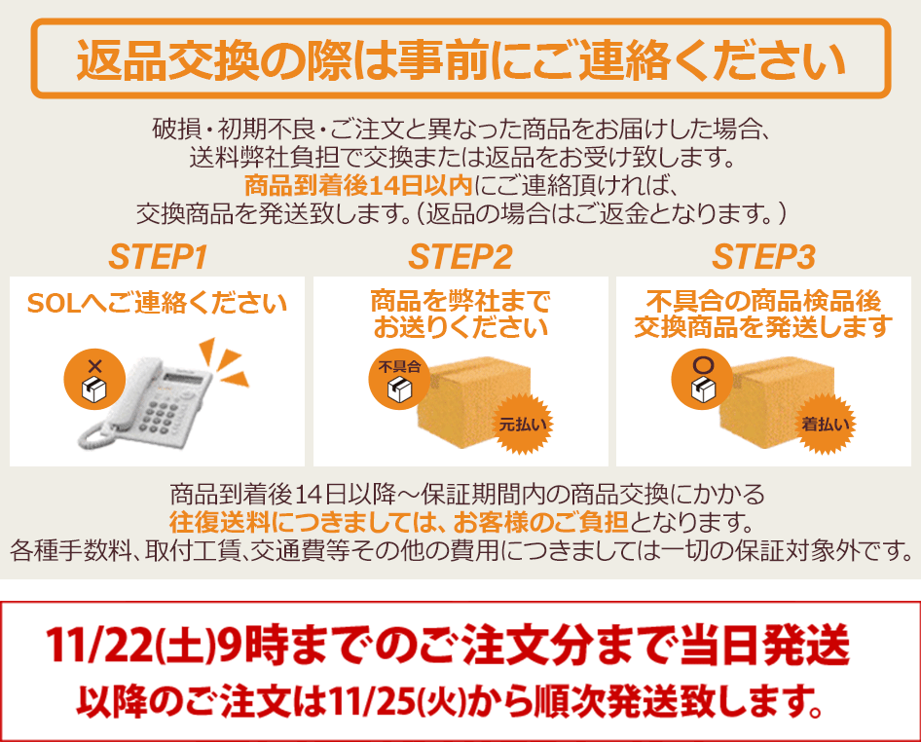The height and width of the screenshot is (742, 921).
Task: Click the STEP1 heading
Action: coord(158,257)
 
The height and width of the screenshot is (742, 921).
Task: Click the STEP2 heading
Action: coord(460,257)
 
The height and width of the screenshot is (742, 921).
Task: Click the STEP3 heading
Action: coord(763,257)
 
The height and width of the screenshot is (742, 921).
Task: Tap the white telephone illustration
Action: coord(144,402)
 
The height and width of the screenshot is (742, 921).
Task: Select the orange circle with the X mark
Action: coord(94,380)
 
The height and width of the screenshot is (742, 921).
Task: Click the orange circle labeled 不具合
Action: coord(399,380)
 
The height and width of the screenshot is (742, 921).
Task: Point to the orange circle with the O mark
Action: coord(702,380)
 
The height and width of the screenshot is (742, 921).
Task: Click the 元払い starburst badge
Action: coord(522,424)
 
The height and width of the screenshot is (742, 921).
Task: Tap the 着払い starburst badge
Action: coord(826,424)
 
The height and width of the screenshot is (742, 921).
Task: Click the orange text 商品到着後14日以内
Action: coord(358,186)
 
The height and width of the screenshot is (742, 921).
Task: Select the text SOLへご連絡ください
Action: coord(157,303)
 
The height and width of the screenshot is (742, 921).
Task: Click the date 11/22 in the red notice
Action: coord(98,645)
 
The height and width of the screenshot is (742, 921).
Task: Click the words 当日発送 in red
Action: coord(765,645)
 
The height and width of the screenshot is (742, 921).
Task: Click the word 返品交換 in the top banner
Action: coord(168,60)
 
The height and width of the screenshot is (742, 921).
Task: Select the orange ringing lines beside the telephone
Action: coord(222,361)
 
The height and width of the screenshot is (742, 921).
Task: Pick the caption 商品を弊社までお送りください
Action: coord(460,315)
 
